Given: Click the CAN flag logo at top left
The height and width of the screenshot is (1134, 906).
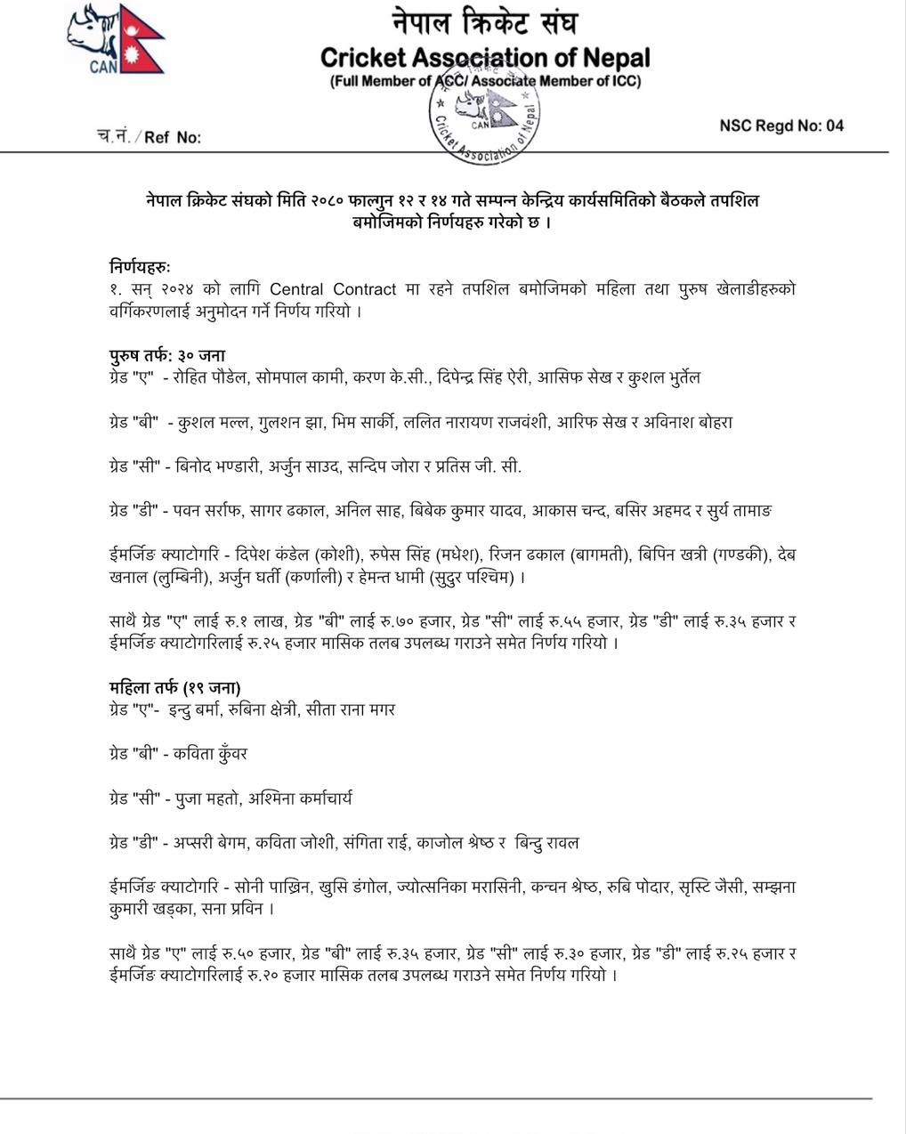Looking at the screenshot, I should tap(115, 40).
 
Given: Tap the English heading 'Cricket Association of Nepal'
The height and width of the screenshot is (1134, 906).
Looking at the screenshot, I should tap(485, 59).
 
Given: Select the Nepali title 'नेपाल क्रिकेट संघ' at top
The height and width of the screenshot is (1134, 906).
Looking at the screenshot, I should tap(485, 22).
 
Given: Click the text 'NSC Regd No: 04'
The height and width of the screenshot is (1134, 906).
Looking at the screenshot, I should tap(781, 126).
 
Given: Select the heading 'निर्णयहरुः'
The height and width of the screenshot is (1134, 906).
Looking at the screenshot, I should tap(140, 266).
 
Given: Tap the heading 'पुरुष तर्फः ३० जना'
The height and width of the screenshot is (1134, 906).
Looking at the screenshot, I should tap(167, 356).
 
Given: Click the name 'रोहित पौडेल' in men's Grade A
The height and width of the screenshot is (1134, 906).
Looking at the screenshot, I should tap(207, 377).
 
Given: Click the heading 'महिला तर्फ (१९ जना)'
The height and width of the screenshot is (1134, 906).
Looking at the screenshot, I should tap(174, 687).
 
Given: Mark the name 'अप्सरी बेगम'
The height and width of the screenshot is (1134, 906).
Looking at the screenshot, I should tap(212, 842).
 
